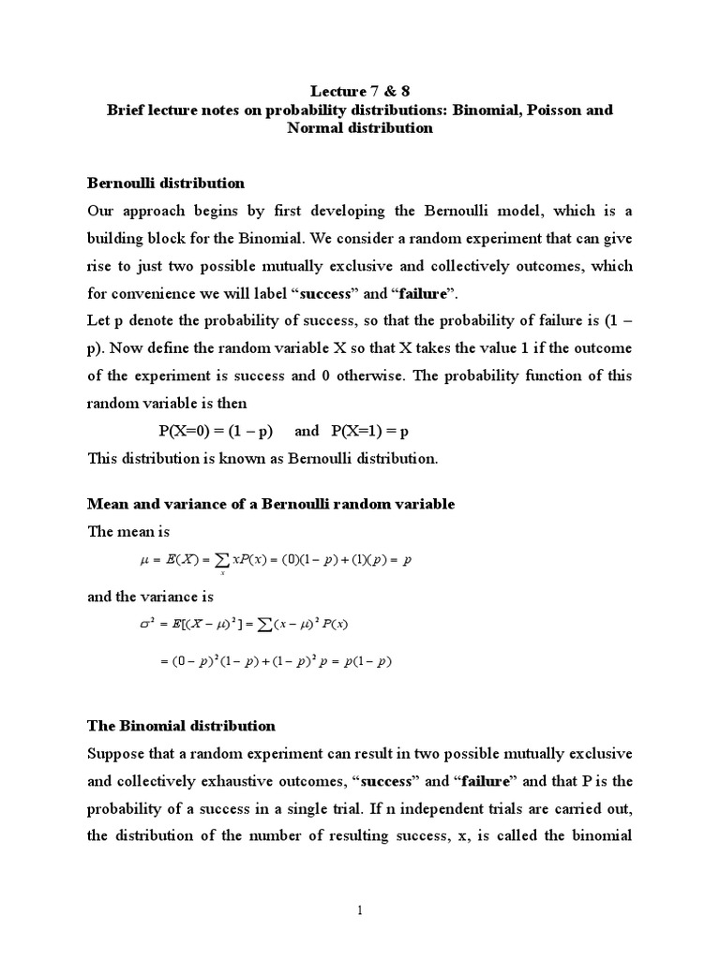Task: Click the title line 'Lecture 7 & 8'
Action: point(359,91)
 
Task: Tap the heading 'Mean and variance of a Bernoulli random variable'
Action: point(271,504)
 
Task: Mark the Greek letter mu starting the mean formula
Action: point(143,560)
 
